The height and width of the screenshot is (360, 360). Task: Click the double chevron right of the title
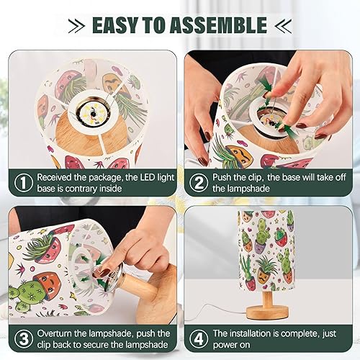282,24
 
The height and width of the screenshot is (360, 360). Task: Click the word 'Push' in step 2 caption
226,177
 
